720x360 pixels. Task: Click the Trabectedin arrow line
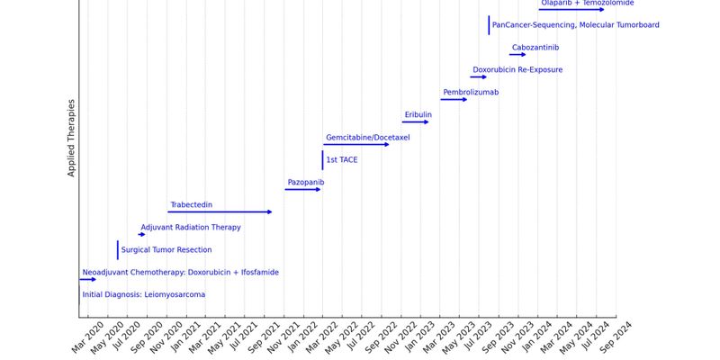pos(220,212)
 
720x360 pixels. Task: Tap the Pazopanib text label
pos(305,183)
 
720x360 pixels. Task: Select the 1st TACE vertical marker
pos(322,160)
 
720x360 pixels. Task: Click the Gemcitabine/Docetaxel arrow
pos(356,144)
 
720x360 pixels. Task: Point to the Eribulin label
pos(418,115)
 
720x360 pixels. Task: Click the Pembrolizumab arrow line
pos(454,99)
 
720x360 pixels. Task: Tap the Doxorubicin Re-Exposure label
pos(517,70)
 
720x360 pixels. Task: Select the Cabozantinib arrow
pos(517,55)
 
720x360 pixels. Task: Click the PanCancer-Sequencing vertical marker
pos(489,25)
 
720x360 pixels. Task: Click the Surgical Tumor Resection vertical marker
pos(117,249)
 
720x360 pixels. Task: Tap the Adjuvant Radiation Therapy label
pos(191,228)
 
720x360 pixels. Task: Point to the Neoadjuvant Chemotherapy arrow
pos(87,279)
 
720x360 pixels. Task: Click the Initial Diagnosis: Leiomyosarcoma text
pos(144,295)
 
